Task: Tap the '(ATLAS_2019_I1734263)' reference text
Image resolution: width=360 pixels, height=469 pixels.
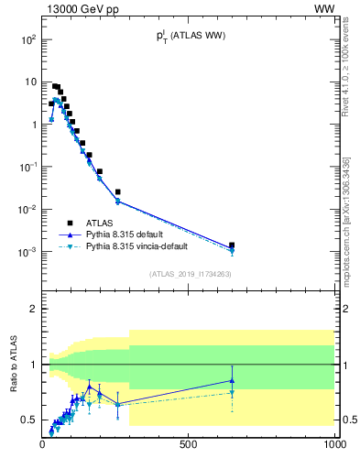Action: coord(189,274)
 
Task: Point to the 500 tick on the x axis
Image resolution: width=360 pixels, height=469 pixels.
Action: coord(189,444)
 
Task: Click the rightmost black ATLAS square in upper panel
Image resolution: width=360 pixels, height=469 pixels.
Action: coord(232,245)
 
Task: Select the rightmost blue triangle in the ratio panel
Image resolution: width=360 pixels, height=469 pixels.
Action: coord(232,380)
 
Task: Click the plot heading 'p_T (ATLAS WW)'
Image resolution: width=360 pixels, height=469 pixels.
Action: coord(190,36)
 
